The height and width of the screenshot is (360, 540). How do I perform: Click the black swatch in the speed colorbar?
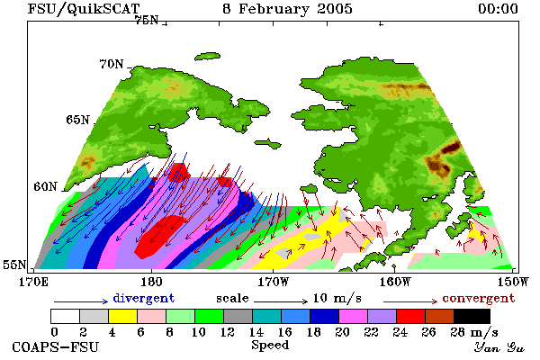(x=472, y=316)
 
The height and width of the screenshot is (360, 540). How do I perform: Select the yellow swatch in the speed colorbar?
(x=122, y=316)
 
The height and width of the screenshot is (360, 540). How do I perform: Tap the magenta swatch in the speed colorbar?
(x=353, y=316)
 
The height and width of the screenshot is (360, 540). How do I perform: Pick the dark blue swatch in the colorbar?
(x=324, y=316)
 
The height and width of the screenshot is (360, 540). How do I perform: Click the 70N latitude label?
(x=112, y=64)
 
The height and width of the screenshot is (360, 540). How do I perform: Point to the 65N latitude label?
(x=77, y=120)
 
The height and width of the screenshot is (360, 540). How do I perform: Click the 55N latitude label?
(x=14, y=265)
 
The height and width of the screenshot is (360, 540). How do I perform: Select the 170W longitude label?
(x=273, y=282)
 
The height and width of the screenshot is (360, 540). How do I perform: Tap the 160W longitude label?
(x=395, y=282)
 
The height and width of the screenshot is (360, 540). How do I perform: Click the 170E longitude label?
(x=33, y=282)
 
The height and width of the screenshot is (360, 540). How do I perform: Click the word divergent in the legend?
(x=144, y=298)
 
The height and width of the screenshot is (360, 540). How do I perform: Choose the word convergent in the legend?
(x=479, y=298)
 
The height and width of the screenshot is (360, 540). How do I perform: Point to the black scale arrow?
(x=281, y=301)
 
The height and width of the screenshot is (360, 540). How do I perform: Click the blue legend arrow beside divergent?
(x=81, y=301)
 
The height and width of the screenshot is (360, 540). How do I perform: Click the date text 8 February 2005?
(x=288, y=9)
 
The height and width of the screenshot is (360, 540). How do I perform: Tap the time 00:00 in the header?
(x=498, y=9)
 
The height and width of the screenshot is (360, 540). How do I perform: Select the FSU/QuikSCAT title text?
(x=84, y=9)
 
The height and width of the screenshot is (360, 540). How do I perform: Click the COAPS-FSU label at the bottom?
(x=55, y=346)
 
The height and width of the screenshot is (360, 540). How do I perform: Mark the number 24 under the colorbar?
(x=400, y=332)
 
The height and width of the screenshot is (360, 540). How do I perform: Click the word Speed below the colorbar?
(x=270, y=346)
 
